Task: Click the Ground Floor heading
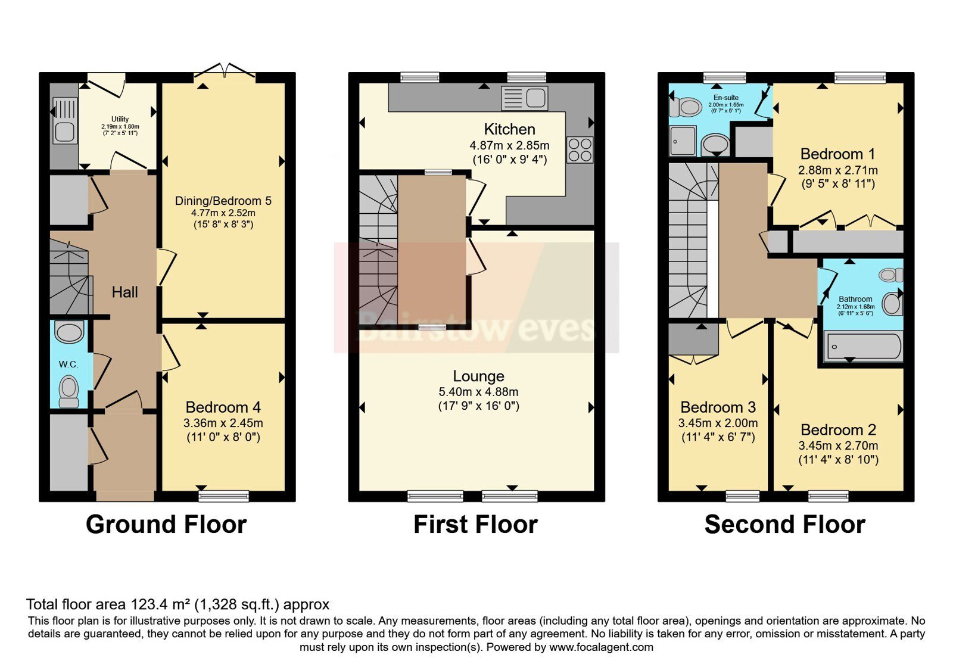[166, 524]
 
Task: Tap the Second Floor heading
[785, 524]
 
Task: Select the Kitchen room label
[509, 129]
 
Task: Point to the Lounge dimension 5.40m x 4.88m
[479, 391]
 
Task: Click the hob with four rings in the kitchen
[580, 149]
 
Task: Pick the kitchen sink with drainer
[525, 98]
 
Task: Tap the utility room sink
[65, 120]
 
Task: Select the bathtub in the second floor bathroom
[863, 347]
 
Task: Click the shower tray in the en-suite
[683, 141]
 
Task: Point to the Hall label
[124, 292]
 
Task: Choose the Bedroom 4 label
[223, 407]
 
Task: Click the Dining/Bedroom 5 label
[223, 201]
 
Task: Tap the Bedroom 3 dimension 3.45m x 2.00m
[718, 423]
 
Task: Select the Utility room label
[120, 119]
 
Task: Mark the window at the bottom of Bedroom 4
[224, 495]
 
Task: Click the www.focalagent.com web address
[601, 647]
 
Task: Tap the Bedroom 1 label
[837, 154]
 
